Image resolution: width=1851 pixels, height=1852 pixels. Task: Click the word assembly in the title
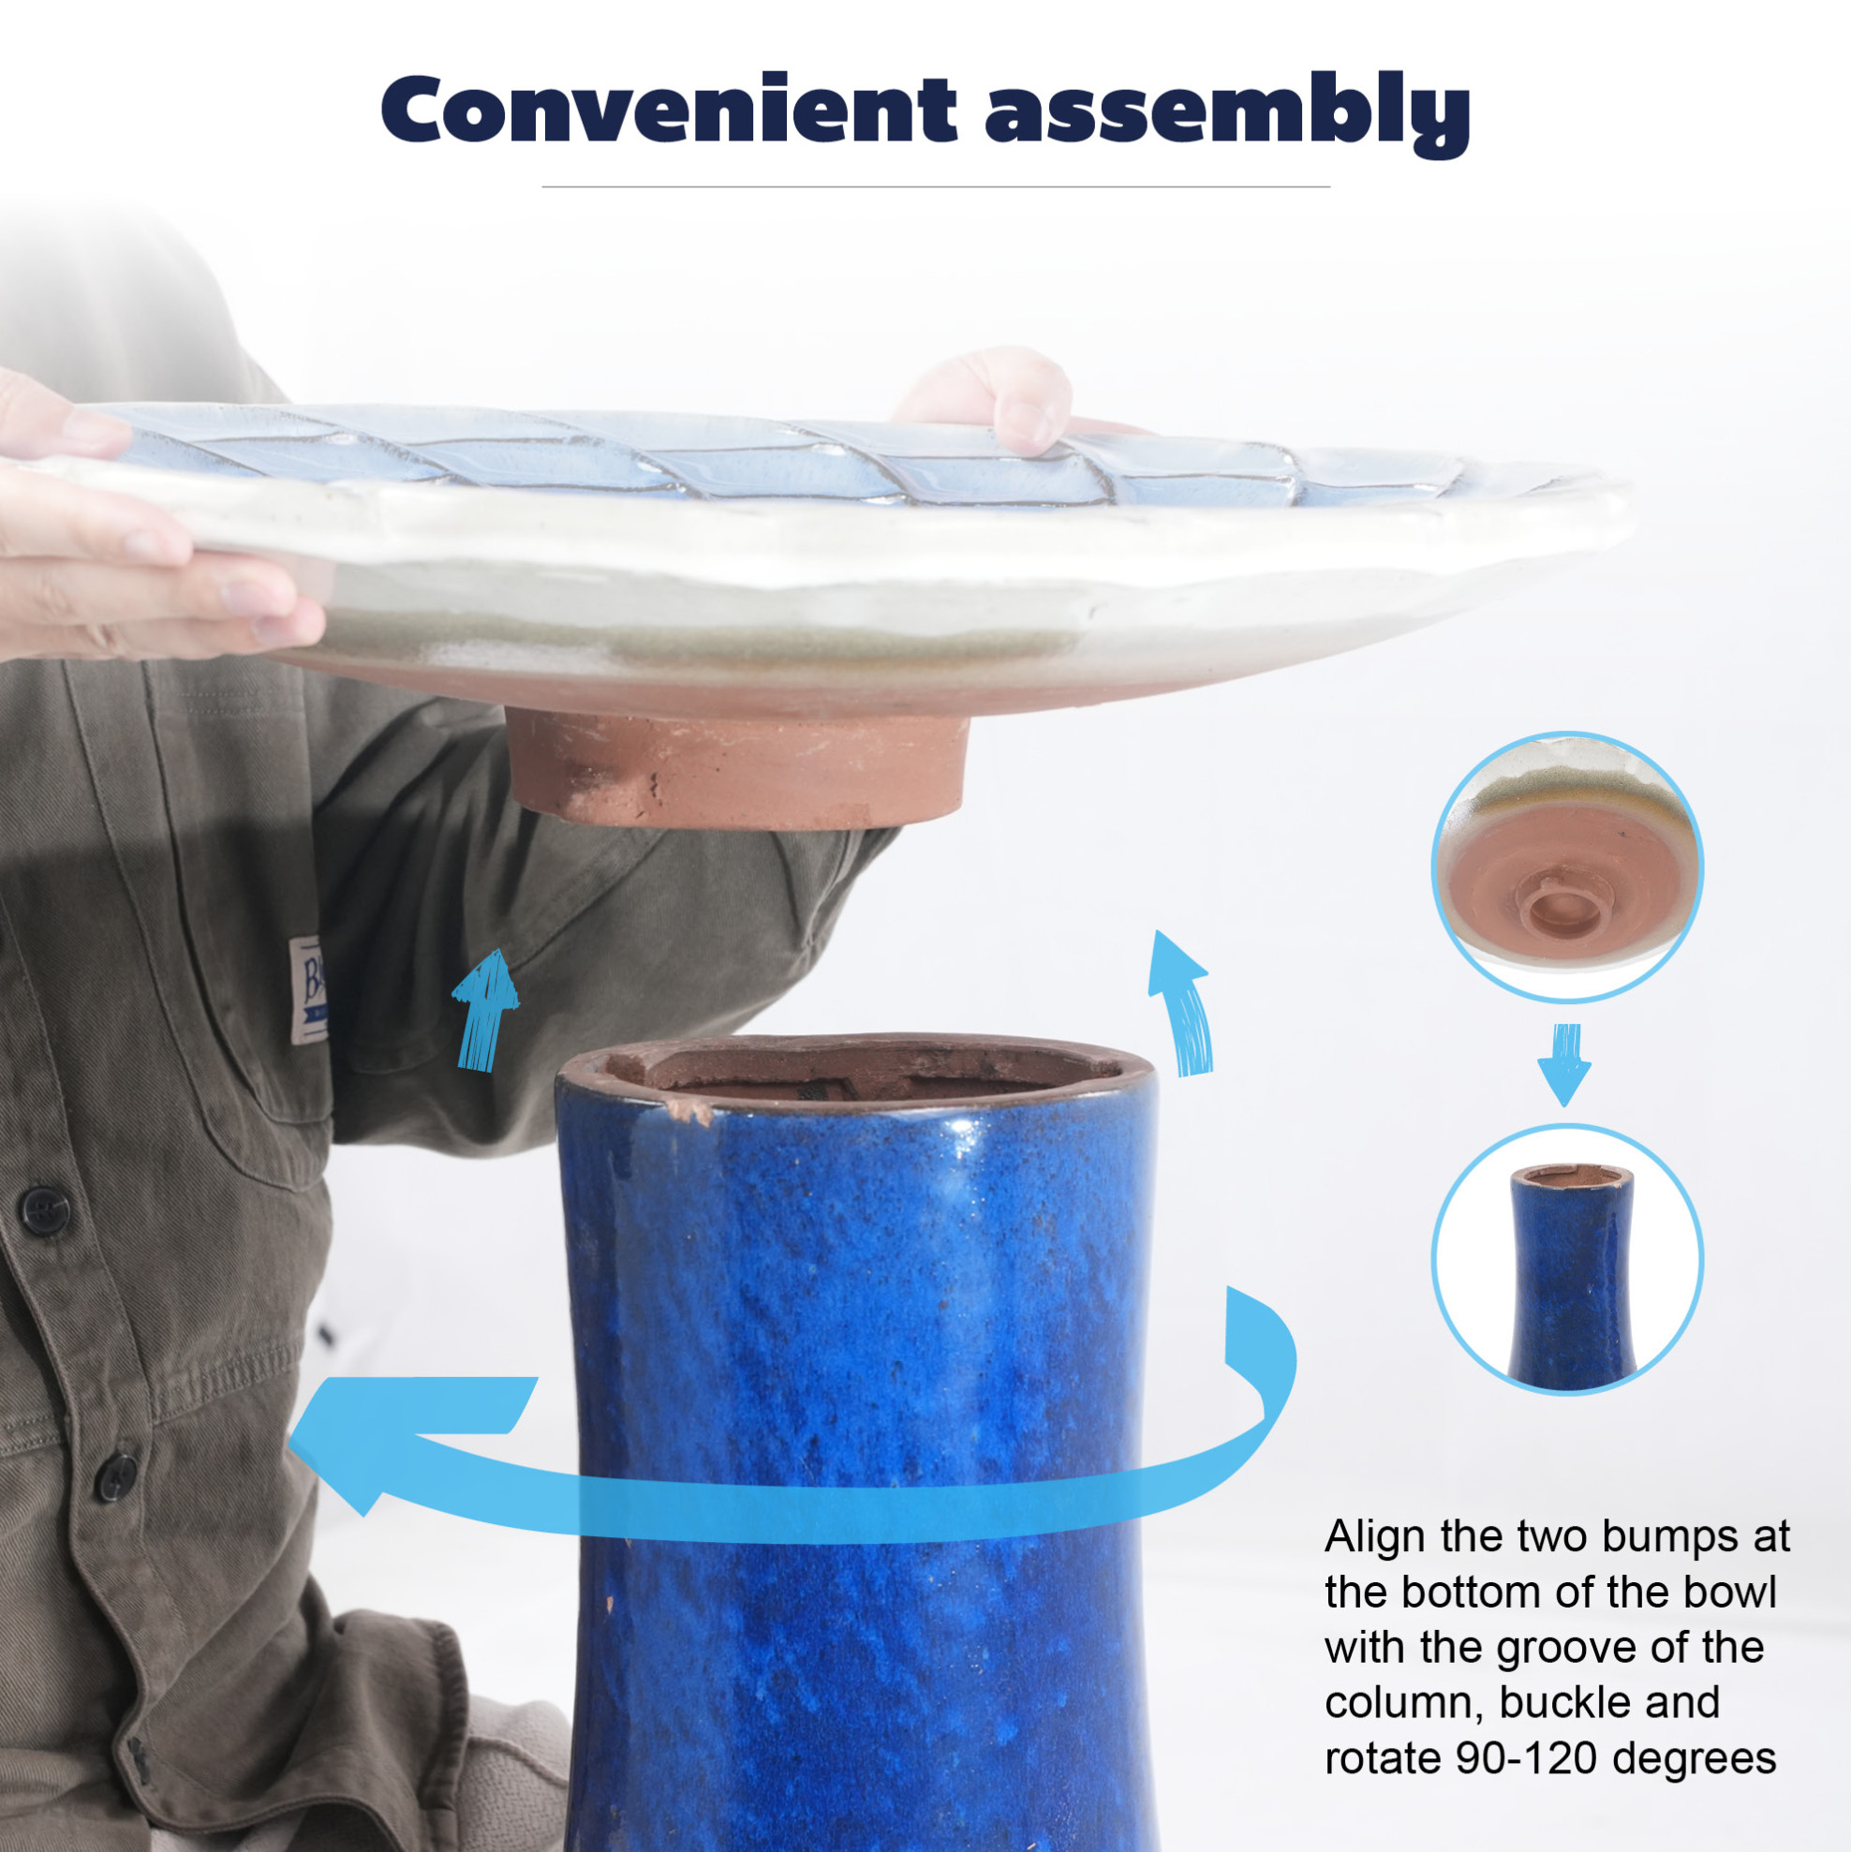coord(1227,113)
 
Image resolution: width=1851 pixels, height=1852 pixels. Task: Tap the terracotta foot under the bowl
coord(735,767)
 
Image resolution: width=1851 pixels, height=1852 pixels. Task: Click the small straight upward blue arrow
coord(486,1012)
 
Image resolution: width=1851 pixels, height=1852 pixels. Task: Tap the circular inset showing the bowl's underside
coord(1567,867)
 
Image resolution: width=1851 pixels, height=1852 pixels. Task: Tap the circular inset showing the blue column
coord(1567,1259)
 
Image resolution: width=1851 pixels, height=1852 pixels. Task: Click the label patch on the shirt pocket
coord(309,988)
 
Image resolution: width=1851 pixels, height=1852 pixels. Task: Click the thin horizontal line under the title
coord(936,186)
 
